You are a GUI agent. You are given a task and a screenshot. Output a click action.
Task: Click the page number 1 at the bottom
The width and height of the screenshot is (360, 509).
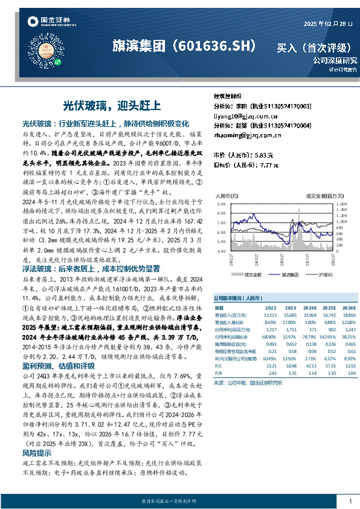tap(350, 502)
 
